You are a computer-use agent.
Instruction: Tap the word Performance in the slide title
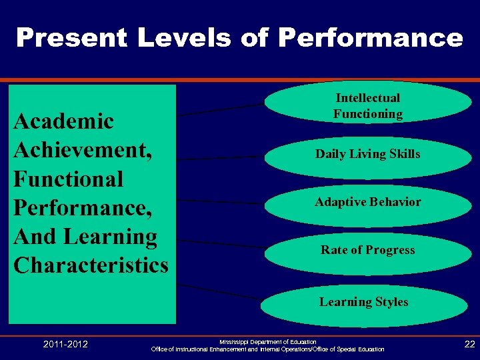[371, 37]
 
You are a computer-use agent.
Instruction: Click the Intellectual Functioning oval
[368, 107]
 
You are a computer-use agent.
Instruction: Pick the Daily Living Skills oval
[368, 154]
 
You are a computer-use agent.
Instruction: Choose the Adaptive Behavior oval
[368, 202]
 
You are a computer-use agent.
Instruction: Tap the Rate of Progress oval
[368, 250]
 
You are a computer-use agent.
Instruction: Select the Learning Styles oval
[363, 302]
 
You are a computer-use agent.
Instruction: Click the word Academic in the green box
[64, 121]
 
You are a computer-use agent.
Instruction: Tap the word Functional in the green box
[69, 179]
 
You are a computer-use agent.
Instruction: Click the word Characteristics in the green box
[91, 265]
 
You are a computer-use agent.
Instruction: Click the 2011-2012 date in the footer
[65, 344]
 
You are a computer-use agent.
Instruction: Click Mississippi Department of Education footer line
[268, 341]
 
